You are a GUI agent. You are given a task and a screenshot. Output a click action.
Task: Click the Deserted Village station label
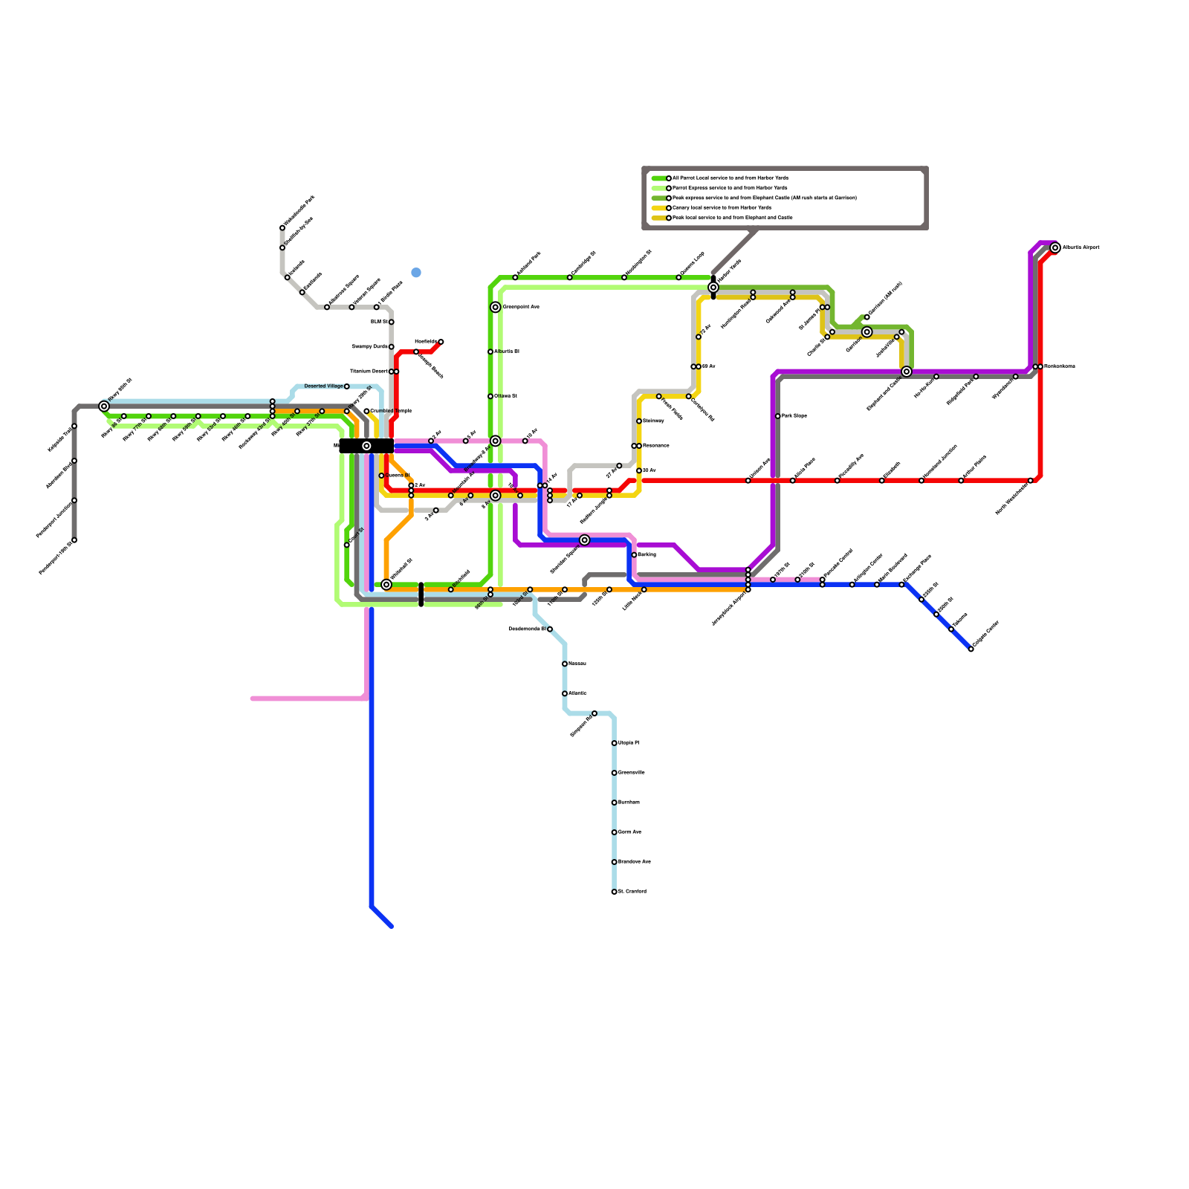tap(324, 386)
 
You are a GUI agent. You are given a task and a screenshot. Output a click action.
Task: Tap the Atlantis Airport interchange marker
tap(1055, 248)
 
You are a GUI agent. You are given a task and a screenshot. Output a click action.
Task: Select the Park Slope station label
tap(794, 416)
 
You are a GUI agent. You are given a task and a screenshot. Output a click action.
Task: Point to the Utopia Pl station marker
tap(615, 743)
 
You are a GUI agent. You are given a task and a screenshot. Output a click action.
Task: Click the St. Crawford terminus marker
tap(615, 892)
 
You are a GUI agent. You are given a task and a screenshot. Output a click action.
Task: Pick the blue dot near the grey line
tap(416, 273)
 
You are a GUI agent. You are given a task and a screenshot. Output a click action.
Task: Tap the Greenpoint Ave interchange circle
tap(496, 308)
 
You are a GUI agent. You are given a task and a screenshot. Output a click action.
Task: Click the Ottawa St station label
tap(505, 396)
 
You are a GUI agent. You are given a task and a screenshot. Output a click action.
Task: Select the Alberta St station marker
tap(490, 352)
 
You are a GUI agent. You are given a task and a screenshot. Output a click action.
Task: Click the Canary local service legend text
tap(722, 208)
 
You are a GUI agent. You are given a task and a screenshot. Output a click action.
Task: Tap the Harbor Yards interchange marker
tap(713, 288)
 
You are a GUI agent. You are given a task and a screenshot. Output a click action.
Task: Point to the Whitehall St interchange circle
tap(386, 585)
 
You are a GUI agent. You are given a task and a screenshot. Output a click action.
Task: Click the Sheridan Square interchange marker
tap(585, 540)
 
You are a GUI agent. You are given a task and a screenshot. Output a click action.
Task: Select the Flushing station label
tap(647, 555)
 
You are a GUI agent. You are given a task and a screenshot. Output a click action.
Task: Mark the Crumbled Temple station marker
tap(367, 411)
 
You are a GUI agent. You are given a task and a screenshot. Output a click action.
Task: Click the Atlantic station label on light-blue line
tap(577, 693)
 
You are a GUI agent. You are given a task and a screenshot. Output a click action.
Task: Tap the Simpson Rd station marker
tap(594, 713)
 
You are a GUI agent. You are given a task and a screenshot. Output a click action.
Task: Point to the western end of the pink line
tap(253, 699)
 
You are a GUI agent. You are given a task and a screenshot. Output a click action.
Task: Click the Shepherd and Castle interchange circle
tap(907, 372)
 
